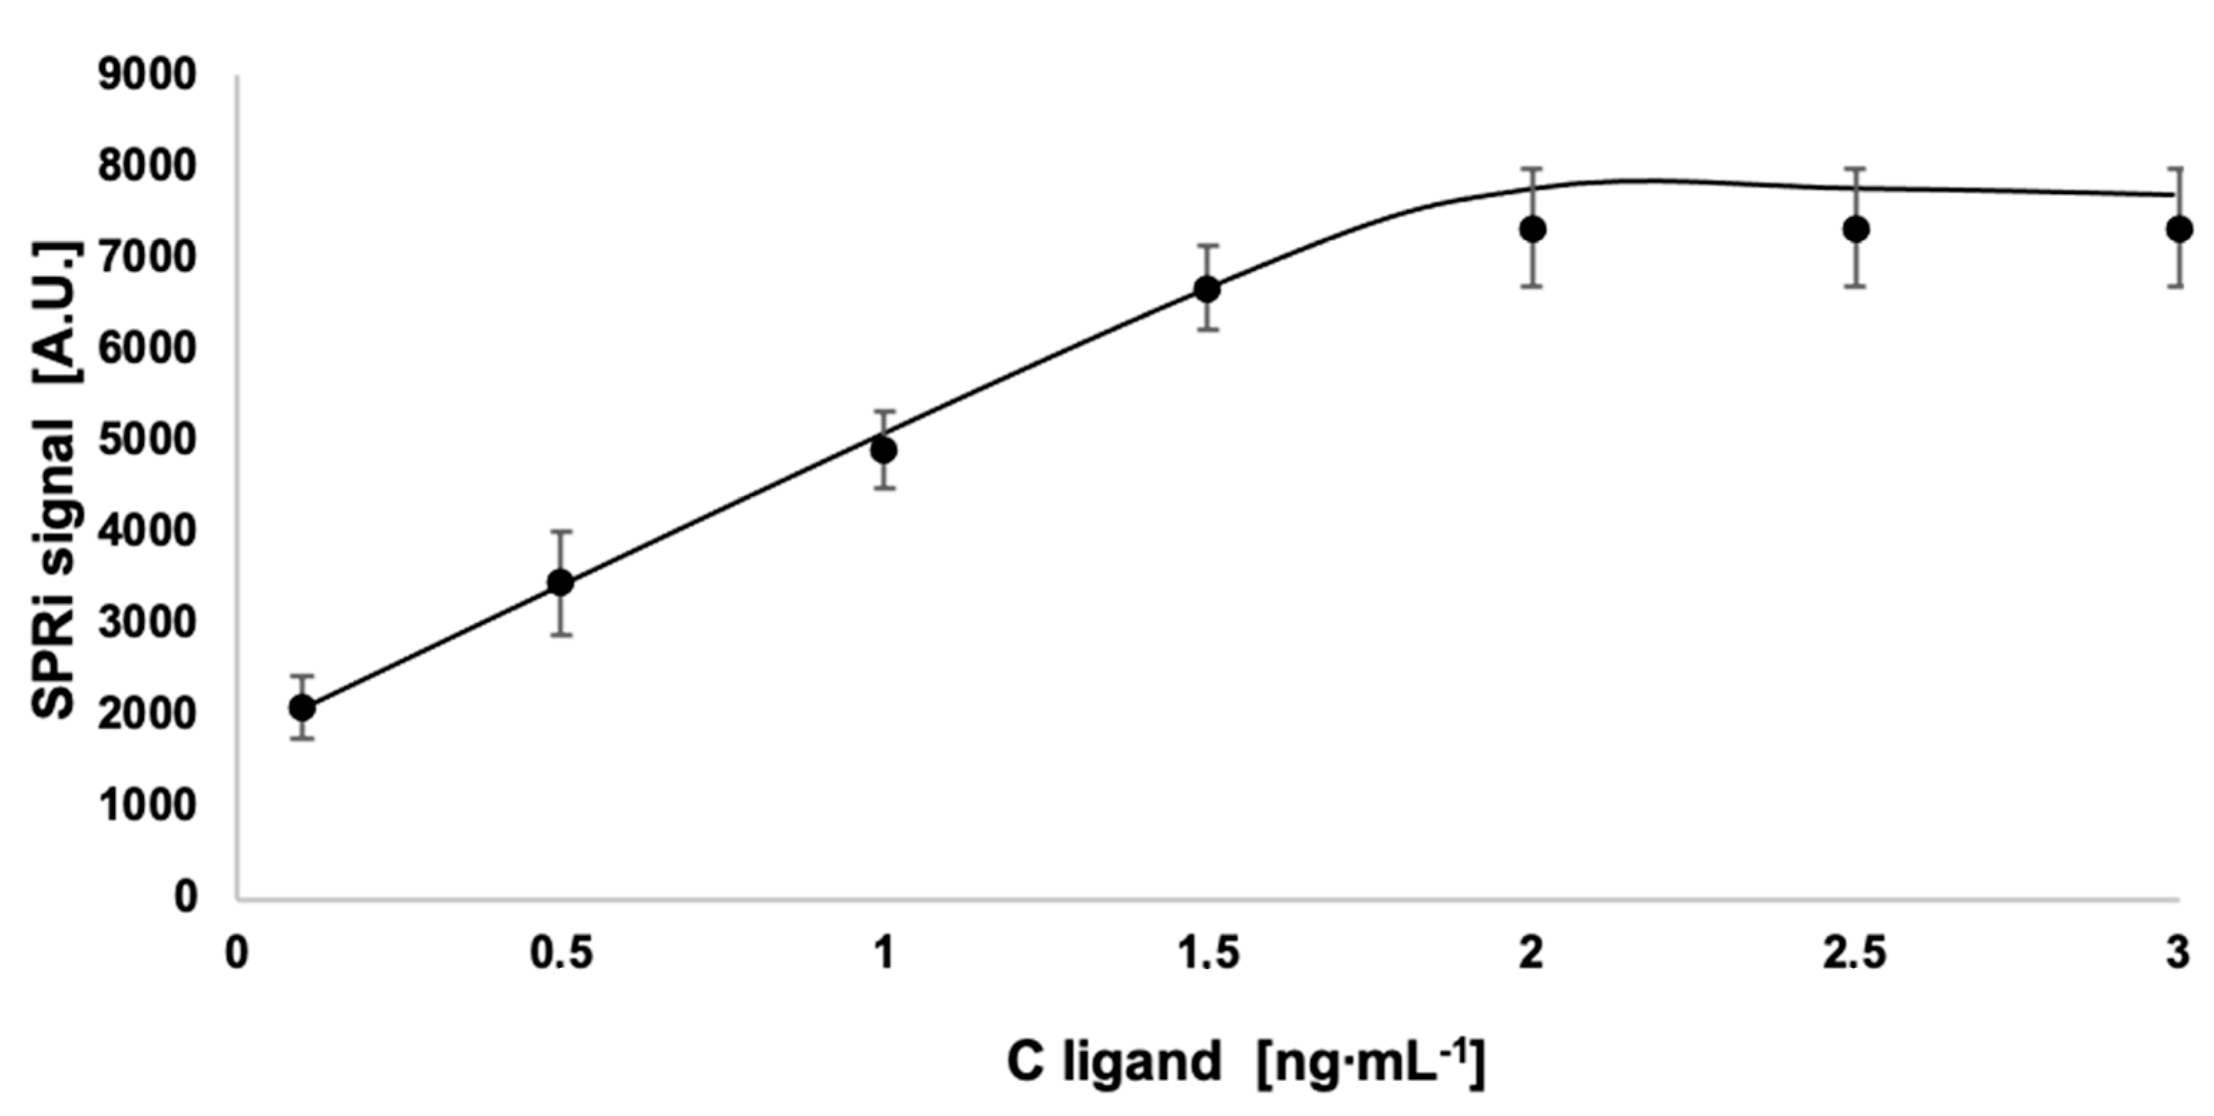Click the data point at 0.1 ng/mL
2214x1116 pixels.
[301, 708]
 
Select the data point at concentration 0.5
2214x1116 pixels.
[560, 582]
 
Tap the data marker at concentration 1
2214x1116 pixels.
[884, 450]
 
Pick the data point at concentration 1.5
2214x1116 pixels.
[1208, 289]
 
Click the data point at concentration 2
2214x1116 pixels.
[1532, 229]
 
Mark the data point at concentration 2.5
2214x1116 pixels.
[1857, 229]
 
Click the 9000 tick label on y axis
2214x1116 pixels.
[147, 76]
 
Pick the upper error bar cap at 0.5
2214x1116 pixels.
[561, 532]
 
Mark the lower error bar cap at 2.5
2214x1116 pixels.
[1857, 286]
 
